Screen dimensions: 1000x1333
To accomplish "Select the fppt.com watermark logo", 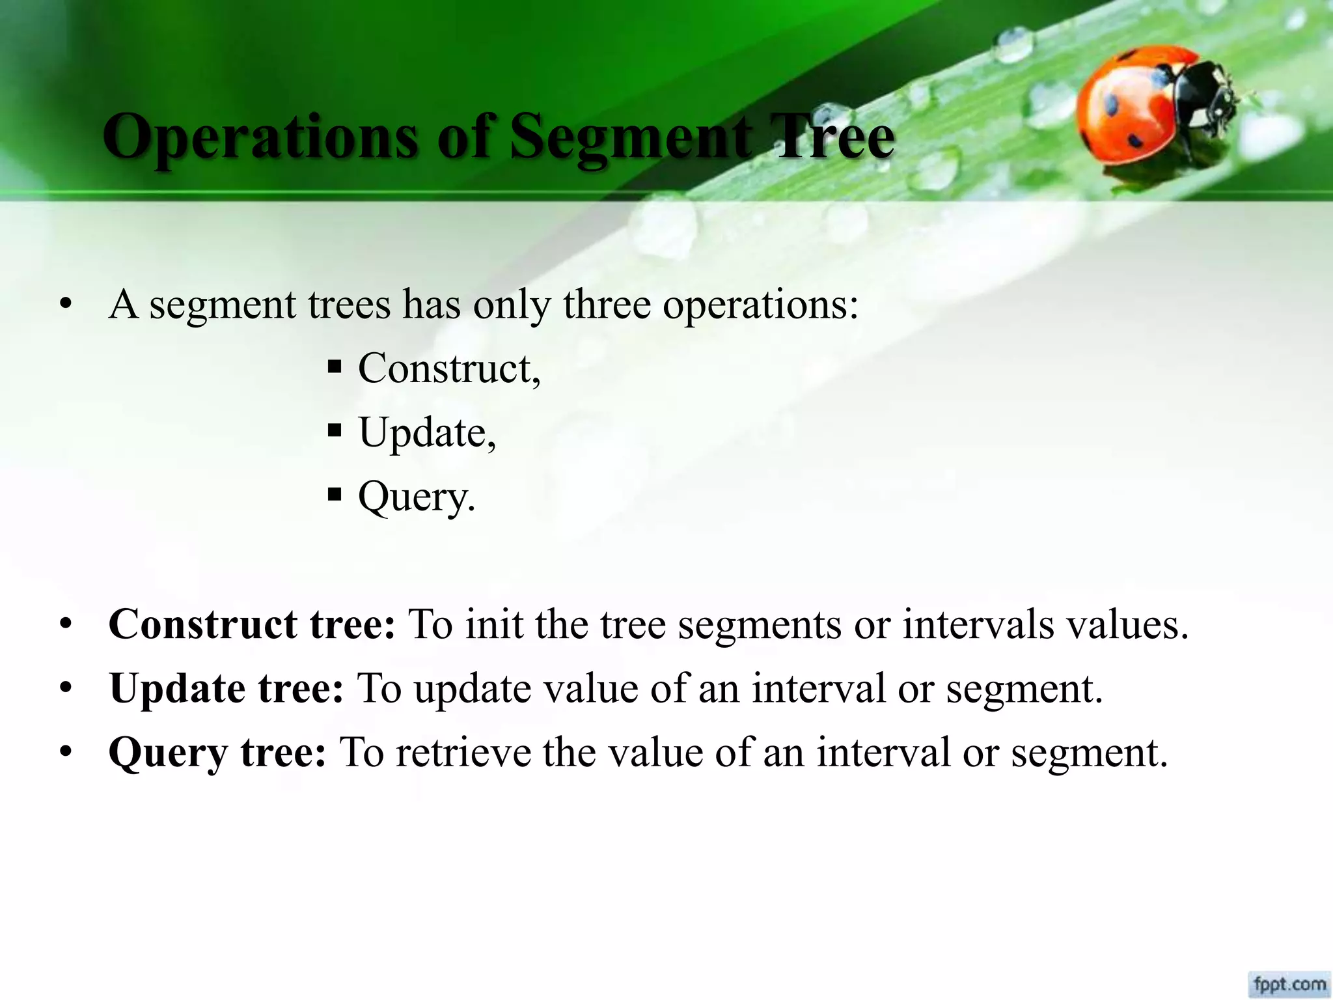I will pos(1289,983).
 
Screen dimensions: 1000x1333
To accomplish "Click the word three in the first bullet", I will pos(607,304).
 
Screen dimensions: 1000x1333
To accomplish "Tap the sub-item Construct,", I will pos(449,368).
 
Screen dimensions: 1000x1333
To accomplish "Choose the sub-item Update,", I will pos(427,432).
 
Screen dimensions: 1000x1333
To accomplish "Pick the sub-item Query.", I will pos(417,497).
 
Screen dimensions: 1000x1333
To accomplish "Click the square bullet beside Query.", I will pos(335,494).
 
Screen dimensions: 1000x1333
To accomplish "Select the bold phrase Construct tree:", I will pos(252,624).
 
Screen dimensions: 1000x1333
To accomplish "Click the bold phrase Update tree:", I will pos(226,688).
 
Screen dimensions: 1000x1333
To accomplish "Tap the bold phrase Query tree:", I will pos(217,752).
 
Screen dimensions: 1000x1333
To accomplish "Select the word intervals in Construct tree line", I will pos(978,624).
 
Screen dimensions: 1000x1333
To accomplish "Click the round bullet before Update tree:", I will pos(65,689).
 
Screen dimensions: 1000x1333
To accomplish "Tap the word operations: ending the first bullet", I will pos(760,304).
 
